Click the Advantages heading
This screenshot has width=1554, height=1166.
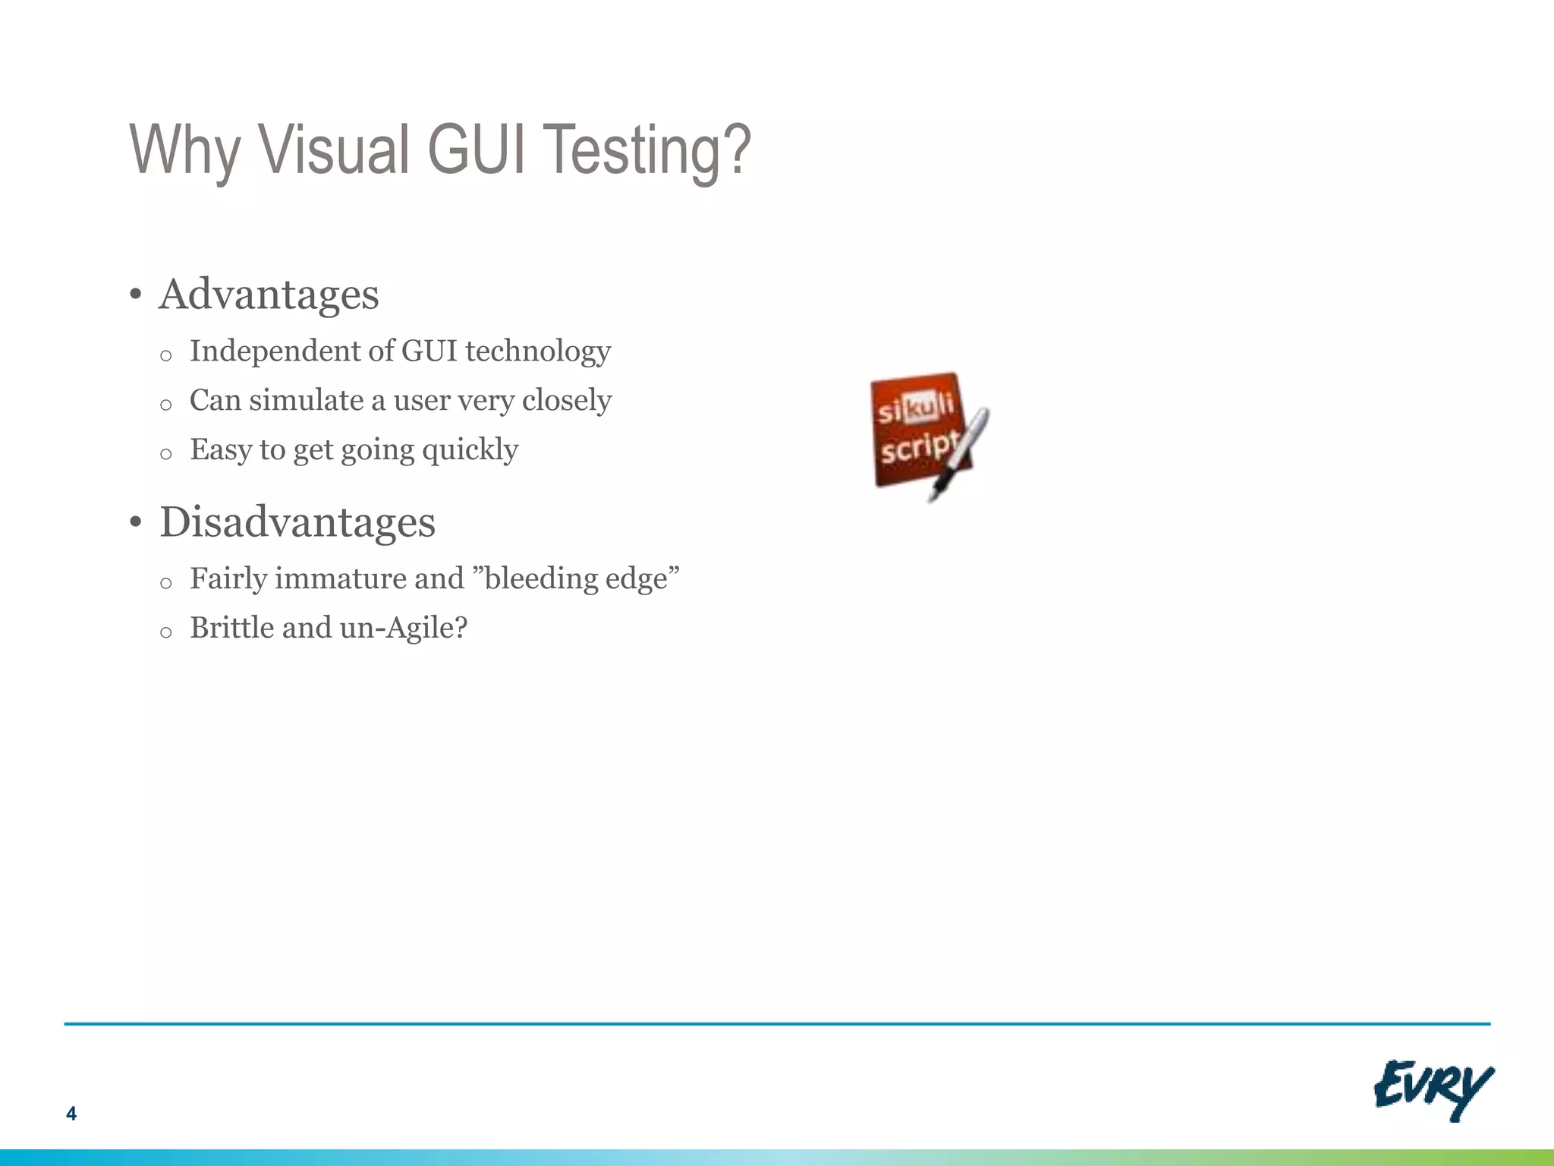[269, 295]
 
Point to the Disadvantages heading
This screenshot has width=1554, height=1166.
[297, 522]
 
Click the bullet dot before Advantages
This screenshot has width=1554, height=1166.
[135, 295]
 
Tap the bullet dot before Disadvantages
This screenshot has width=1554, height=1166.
[135, 523]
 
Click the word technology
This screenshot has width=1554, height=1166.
[537, 351]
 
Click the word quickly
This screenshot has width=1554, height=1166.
[470, 450]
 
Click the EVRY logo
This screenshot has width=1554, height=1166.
[1433, 1089]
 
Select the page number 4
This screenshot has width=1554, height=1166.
[71, 1114]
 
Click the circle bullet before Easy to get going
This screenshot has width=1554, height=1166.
[166, 455]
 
